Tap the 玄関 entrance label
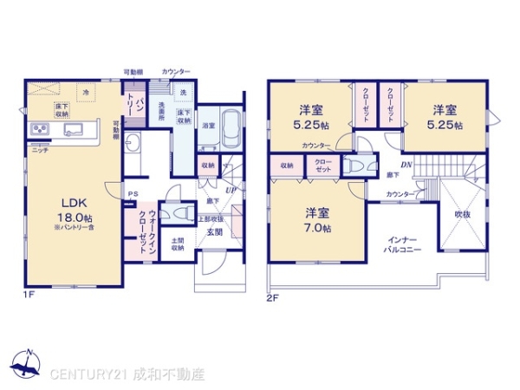click(x=213, y=231)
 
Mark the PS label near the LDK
click(x=133, y=193)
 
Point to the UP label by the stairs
click(x=230, y=189)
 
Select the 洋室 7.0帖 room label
click(x=315, y=220)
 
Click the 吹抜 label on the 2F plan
click(x=465, y=210)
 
